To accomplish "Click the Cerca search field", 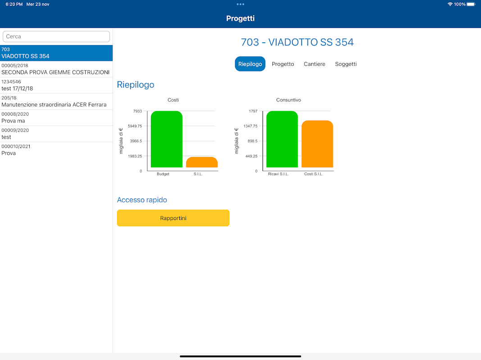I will (x=56, y=36).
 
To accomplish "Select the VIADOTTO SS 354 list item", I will (x=56, y=53).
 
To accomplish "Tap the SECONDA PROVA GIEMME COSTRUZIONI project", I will (x=56, y=69).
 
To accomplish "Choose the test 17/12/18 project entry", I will (x=56, y=85).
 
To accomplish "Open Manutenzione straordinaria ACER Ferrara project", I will (x=56, y=102).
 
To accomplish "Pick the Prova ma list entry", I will (x=56, y=118).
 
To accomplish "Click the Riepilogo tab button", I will (x=250, y=64).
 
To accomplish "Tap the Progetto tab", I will (x=283, y=64).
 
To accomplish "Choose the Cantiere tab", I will (x=314, y=64).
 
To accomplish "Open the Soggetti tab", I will (x=346, y=64).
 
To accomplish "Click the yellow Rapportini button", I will (x=173, y=218).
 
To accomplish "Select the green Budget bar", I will (x=167, y=139).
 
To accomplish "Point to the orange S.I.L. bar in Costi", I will (x=202, y=162).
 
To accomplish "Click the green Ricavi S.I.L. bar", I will (x=282, y=139).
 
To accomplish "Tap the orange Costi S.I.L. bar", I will (x=317, y=144).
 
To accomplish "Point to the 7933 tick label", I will (x=137, y=111).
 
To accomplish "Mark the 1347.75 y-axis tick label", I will (x=250, y=126).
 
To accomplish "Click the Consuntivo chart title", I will (x=288, y=100).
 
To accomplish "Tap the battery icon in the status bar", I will (x=471, y=4).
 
